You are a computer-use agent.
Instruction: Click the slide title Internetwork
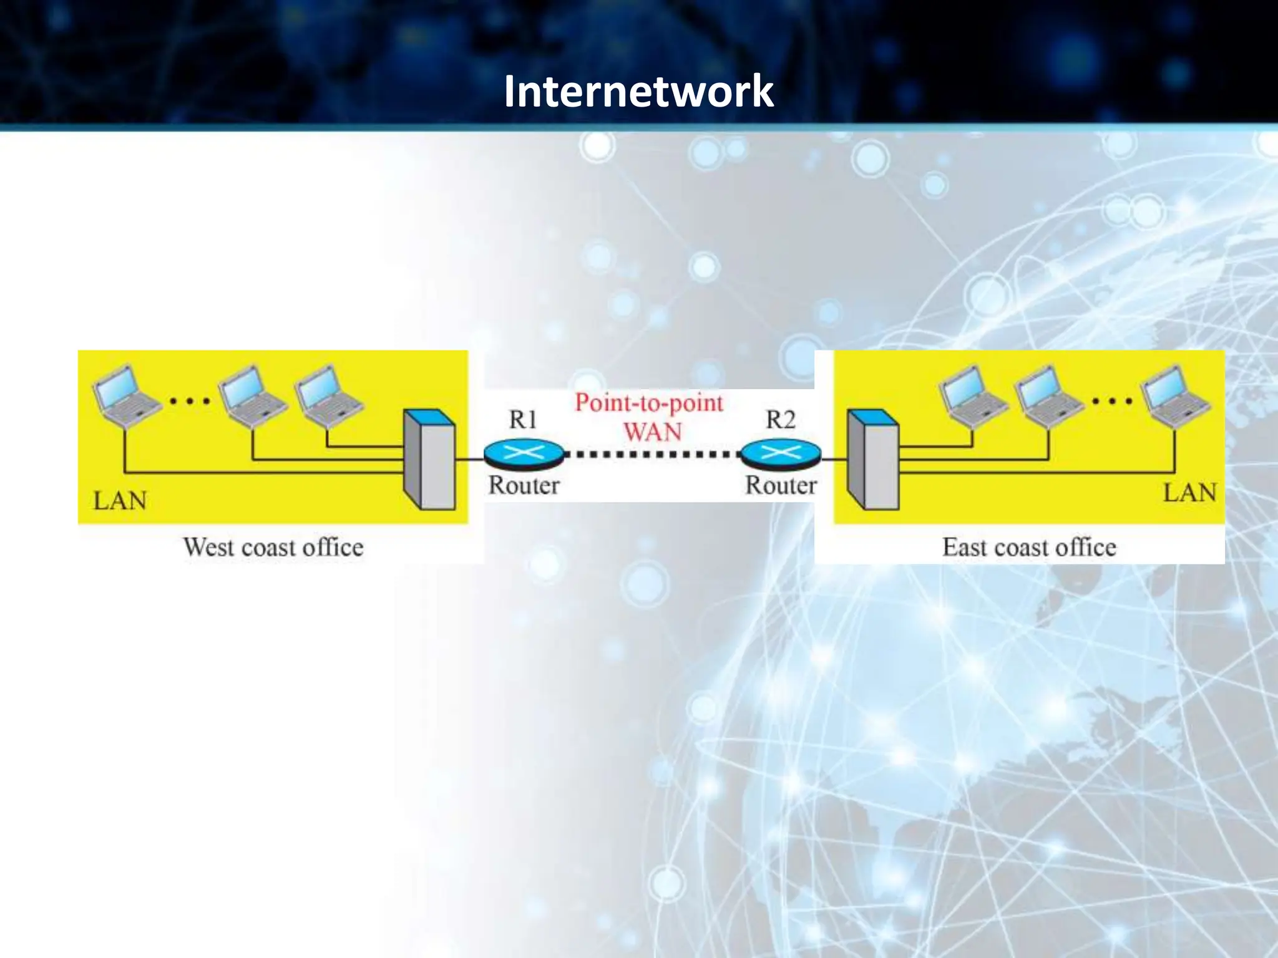click(638, 91)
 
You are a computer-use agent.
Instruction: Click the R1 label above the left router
click(523, 420)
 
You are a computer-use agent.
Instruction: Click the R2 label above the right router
click(780, 420)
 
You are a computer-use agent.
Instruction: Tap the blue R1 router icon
click(524, 453)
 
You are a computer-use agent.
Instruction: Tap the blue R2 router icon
click(781, 453)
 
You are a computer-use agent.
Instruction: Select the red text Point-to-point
click(649, 403)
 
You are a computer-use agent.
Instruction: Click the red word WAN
click(652, 432)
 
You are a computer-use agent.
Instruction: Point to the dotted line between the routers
click(652, 454)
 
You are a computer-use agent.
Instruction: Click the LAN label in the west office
click(120, 500)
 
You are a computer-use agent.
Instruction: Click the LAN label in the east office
click(1189, 493)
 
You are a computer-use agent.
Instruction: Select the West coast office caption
click(273, 547)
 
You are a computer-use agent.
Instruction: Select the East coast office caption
click(1029, 547)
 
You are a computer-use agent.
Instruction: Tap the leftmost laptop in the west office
click(125, 396)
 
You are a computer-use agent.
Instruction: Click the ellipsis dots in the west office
click(190, 400)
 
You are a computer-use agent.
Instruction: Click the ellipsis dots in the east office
click(1112, 400)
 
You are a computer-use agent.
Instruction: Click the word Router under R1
click(524, 485)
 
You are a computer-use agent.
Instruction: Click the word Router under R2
click(781, 485)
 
